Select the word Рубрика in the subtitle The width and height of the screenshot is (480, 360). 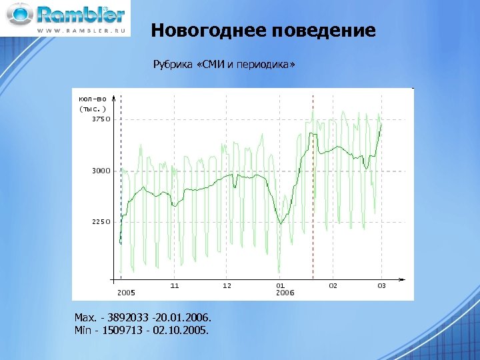172,65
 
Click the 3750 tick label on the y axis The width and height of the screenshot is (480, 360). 101,119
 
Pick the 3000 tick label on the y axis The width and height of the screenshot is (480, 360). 101,171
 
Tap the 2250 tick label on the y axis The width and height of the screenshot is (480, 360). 101,222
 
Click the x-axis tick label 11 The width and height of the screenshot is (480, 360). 175,285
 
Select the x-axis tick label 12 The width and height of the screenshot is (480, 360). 227,285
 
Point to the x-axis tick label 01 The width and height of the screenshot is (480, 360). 281,285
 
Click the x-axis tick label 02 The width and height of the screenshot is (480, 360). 333,285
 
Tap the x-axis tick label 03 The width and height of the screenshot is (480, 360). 381,285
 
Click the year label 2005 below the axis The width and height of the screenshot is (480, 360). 126,293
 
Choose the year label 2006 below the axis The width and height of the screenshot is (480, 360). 285,293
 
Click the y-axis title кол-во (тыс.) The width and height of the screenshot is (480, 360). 93,103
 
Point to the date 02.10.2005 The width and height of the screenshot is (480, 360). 183,329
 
